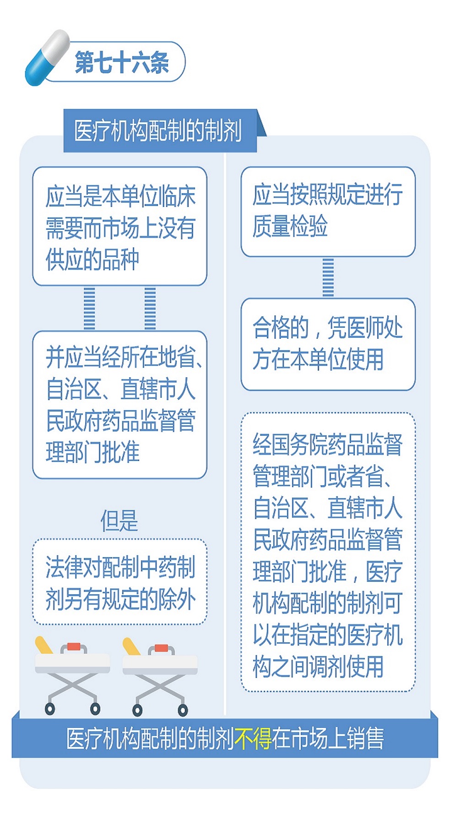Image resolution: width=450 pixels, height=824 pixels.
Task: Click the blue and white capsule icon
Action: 47,58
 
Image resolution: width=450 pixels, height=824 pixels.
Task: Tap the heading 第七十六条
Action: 122,62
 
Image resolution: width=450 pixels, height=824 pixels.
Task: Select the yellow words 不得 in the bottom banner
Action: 253,738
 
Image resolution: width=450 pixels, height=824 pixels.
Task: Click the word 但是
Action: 119,520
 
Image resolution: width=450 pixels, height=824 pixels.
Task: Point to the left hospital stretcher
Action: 72,676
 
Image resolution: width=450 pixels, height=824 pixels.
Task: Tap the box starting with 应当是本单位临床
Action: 120,226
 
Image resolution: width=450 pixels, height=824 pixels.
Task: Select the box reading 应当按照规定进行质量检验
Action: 328,211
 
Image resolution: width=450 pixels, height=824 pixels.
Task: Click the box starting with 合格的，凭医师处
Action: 328,344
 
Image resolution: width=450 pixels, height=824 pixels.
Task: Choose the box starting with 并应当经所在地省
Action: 120,405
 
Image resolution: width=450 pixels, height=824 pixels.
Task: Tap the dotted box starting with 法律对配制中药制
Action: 120,582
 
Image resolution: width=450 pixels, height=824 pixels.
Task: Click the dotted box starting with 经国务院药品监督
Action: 328,552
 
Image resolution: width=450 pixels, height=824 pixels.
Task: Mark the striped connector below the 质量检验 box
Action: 328,277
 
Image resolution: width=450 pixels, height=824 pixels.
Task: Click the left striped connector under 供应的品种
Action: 89,309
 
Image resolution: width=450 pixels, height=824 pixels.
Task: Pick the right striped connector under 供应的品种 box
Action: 150,309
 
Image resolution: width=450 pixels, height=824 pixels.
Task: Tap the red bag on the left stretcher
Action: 74,647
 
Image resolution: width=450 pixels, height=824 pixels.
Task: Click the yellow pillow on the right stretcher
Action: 132,646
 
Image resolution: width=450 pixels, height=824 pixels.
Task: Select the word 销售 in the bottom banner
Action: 365,738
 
